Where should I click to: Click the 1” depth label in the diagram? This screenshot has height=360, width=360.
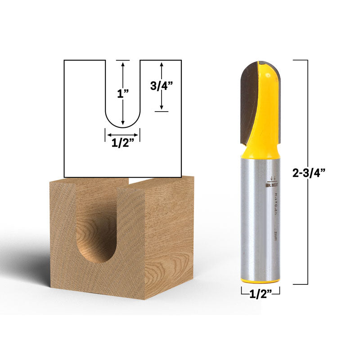[x=123, y=94]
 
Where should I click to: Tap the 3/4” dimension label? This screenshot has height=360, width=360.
[x=162, y=85]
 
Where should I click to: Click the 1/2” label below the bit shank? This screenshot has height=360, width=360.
[x=260, y=294]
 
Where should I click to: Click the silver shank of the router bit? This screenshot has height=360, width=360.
[x=260, y=220]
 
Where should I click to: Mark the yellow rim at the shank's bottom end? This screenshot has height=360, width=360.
[x=260, y=281]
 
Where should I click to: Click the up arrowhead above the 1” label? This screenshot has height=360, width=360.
[x=123, y=64]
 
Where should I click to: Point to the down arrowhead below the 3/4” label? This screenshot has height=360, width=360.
[x=162, y=108]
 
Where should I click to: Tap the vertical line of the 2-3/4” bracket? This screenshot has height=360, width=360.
[x=308, y=173]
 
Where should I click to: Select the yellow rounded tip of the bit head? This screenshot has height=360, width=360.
[x=268, y=72]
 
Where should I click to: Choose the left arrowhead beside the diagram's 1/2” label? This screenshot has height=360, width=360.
[x=108, y=135]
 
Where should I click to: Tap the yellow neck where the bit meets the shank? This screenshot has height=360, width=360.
[x=260, y=151]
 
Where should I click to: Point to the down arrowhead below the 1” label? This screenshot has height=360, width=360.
[x=123, y=124]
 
